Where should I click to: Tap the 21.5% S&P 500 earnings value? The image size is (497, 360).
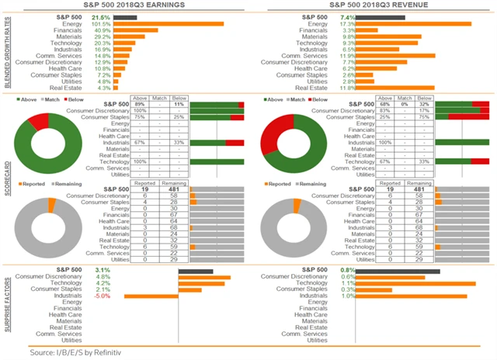tap(101, 16)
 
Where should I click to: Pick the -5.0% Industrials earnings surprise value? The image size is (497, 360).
tap(102, 296)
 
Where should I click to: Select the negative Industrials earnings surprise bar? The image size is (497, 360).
tap(151, 296)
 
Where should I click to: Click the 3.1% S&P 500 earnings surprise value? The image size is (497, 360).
tap(103, 270)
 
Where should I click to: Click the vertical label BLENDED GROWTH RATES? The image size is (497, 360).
tap(6, 54)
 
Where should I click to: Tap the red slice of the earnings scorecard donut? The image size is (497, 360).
tap(38, 122)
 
